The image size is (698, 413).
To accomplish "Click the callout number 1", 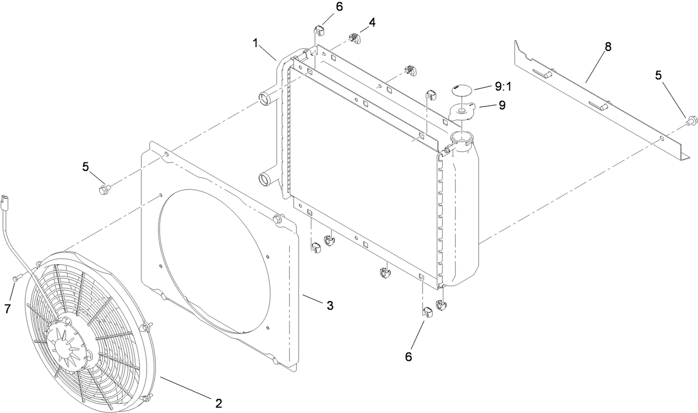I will coord(256,43).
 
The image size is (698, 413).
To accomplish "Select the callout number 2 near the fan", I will coord(219,404).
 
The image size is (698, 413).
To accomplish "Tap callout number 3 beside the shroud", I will coord(330,305).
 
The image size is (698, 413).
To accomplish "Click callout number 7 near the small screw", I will coord(8,309).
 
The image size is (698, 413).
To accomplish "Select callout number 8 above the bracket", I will coord(608,47).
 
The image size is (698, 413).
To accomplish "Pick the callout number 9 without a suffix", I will coord(502,105).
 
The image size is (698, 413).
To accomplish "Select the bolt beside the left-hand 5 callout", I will coord(103,191).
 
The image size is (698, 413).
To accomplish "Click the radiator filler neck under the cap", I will coord(461,139).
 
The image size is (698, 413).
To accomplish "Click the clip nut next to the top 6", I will coord(318,30).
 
